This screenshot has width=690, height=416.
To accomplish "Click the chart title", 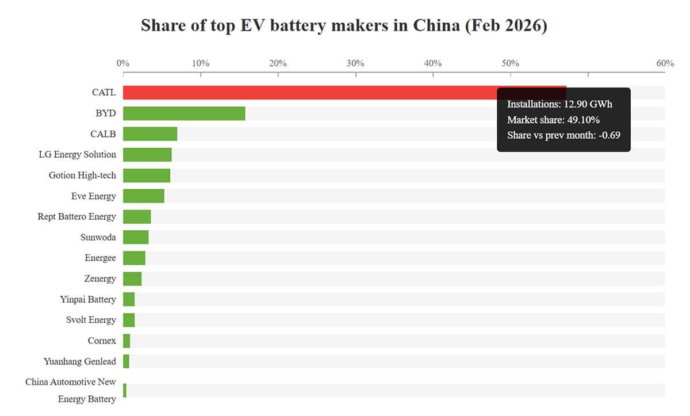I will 344,26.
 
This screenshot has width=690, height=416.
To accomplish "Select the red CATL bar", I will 310,93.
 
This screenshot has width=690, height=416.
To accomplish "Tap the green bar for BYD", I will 184,113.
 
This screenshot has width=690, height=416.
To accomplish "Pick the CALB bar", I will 150,134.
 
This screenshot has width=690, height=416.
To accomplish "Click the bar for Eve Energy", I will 144,196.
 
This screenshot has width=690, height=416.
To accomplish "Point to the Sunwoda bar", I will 136,237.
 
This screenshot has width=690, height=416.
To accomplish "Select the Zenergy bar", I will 132,278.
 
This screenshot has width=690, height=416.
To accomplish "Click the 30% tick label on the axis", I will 355,63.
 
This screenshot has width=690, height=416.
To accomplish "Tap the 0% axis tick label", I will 123,63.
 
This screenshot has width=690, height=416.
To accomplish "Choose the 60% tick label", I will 665,63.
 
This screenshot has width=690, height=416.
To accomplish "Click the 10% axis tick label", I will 200,63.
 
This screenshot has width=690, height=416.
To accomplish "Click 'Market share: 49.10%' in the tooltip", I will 553,120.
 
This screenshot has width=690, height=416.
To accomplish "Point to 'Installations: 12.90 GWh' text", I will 559,105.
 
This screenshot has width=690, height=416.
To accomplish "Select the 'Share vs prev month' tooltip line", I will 563,136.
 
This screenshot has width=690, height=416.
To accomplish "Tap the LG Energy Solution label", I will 77,155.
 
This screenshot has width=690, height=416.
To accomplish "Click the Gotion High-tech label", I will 82,175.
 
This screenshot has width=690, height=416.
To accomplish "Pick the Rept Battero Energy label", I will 76,217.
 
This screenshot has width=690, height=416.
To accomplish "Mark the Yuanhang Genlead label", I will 79,362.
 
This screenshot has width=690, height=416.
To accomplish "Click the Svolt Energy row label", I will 91,320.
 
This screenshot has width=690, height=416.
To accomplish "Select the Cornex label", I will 102,341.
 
